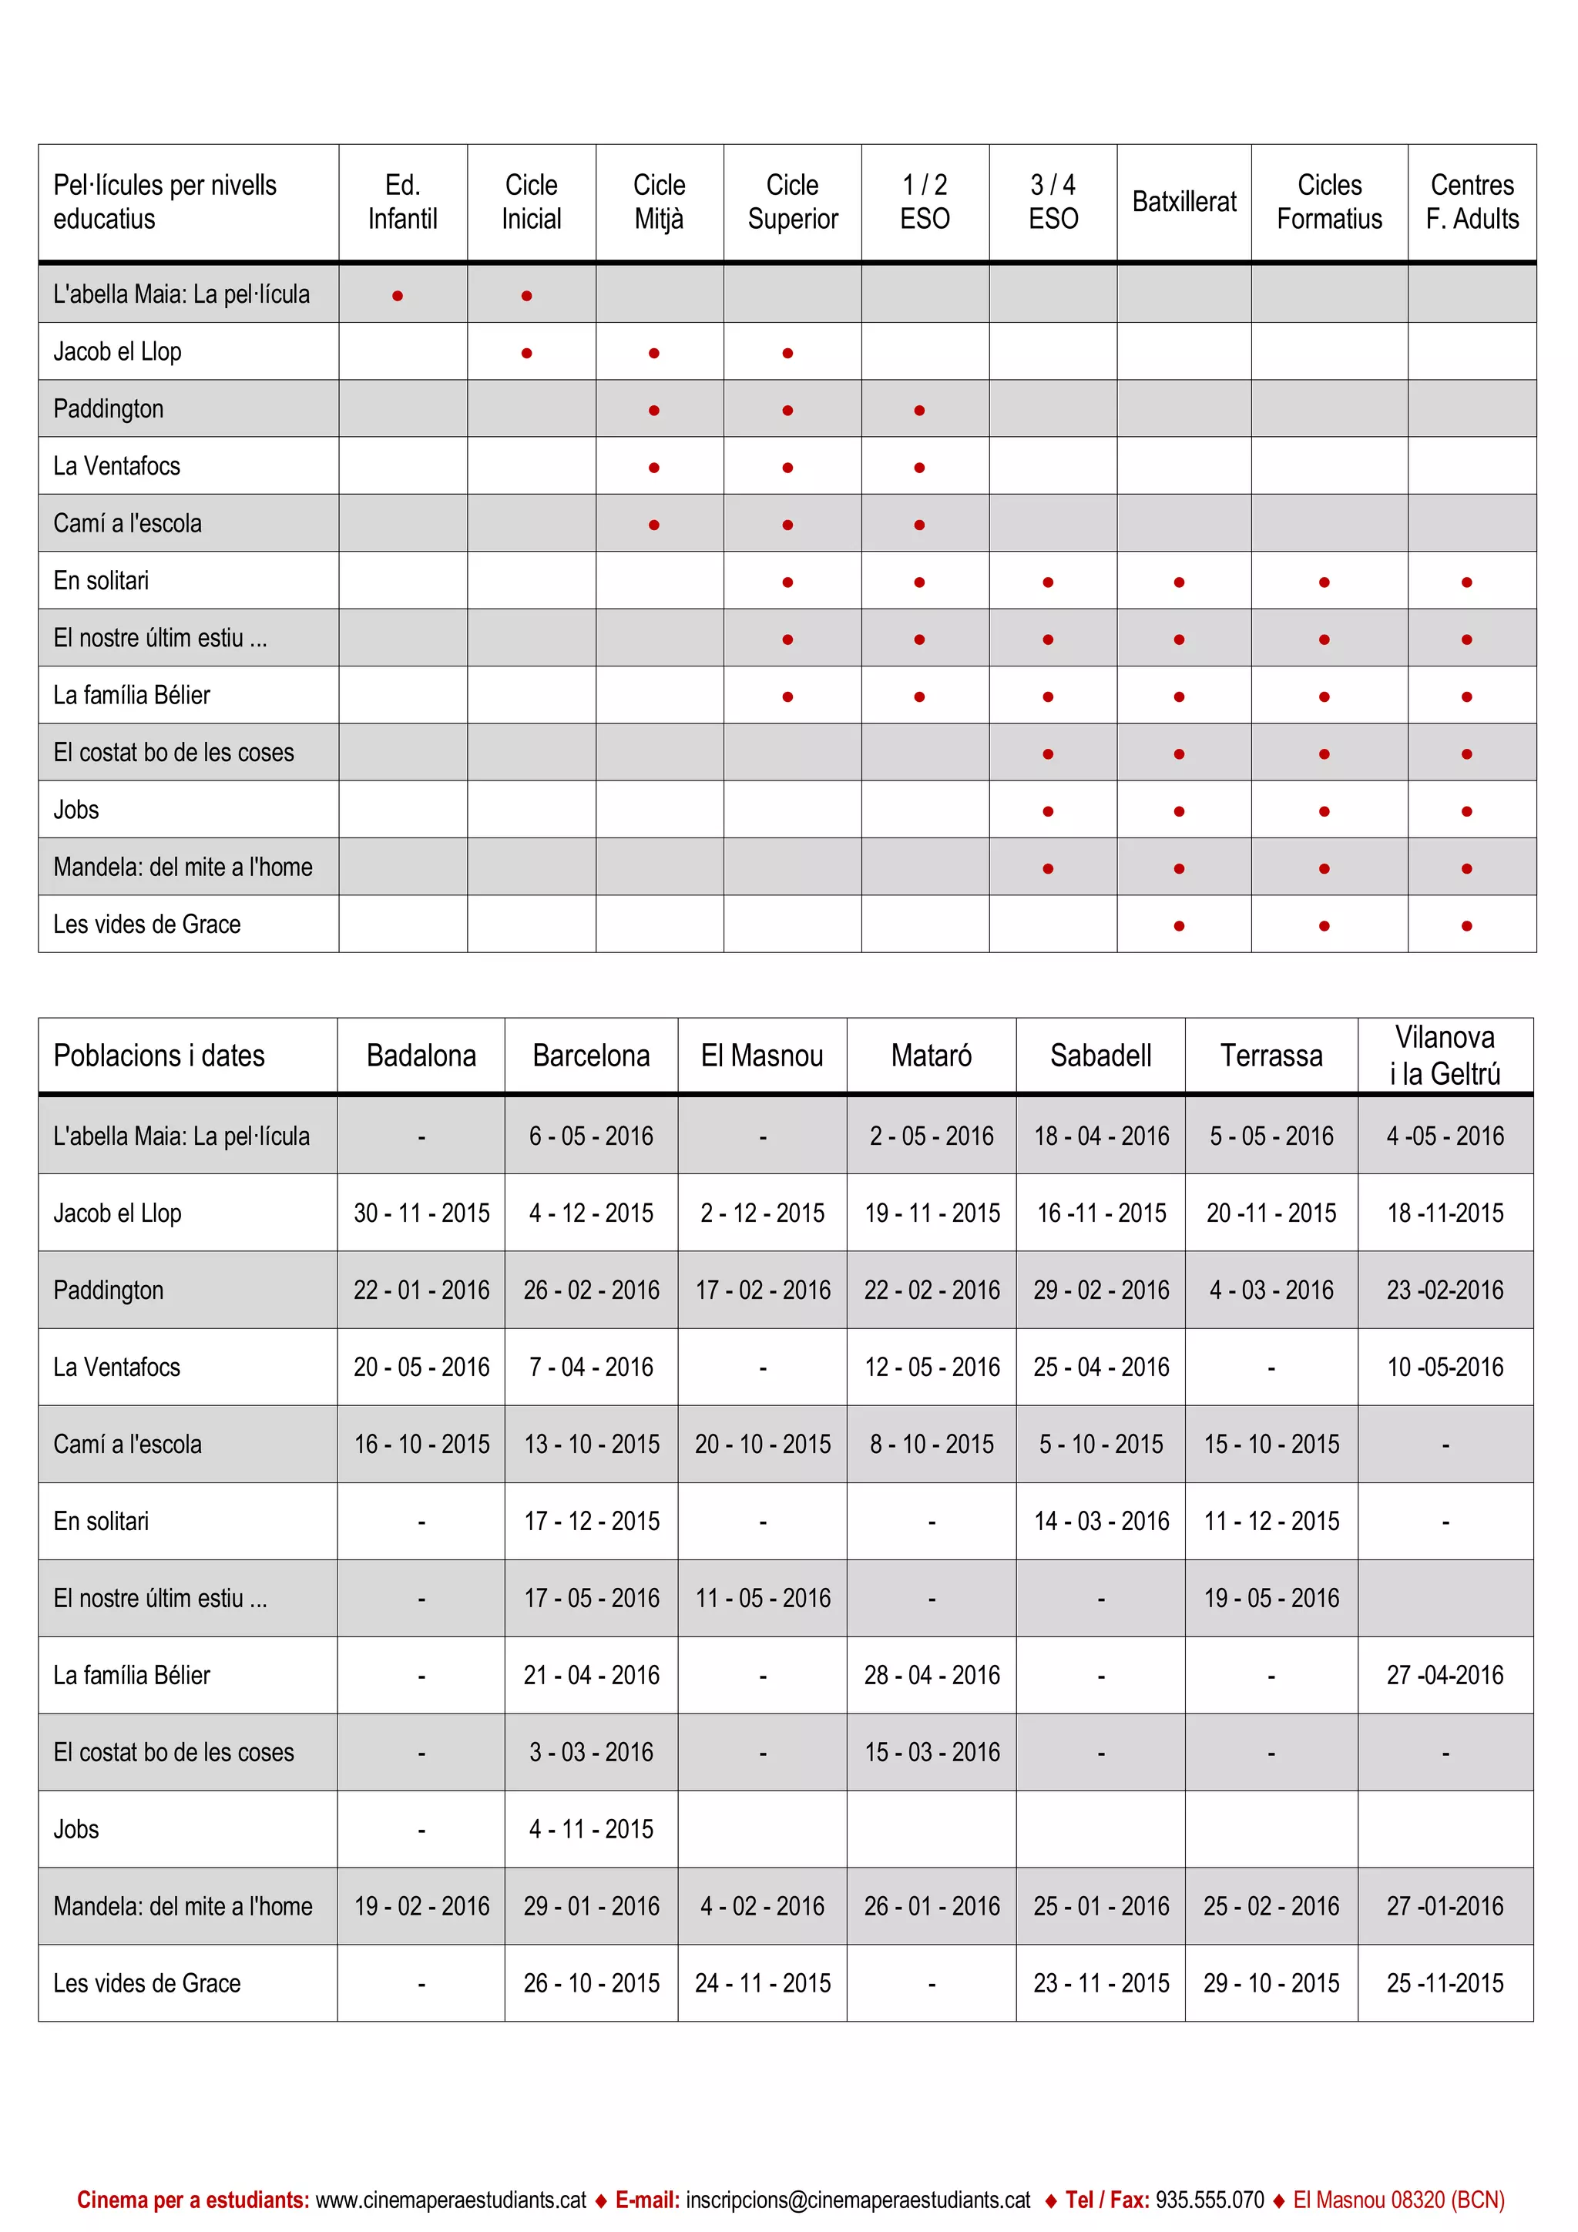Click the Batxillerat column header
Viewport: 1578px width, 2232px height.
(1183, 202)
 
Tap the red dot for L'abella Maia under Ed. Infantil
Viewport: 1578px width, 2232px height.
(398, 296)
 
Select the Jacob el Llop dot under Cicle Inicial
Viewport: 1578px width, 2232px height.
(526, 353)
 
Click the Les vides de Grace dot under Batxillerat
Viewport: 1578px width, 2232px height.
(1178, 925)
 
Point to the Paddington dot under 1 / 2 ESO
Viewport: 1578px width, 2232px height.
(918, 410)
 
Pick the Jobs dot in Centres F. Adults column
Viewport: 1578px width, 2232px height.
(1466, 811)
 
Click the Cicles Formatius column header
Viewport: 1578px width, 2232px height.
(1328, 202)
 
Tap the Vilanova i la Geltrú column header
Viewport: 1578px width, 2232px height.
(1444, 1055)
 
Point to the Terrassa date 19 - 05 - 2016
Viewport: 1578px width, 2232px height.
(1270, 1597)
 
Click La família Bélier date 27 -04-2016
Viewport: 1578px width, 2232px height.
(1444, 1674)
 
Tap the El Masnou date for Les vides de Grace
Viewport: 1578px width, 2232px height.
(762, 1982)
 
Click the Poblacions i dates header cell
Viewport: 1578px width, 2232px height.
(159, 1056)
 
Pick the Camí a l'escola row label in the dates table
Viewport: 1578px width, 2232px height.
(127, 1444)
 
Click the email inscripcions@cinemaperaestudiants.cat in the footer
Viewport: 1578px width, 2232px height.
(858, 2199)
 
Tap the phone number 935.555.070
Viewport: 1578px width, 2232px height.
(1210, 2199)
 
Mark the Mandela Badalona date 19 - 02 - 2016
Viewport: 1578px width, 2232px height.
(421, 1905)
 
